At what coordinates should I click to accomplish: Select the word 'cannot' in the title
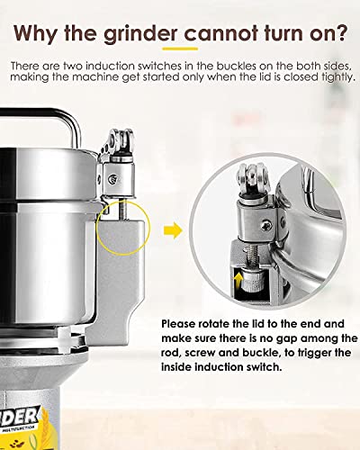click(216, 32)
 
